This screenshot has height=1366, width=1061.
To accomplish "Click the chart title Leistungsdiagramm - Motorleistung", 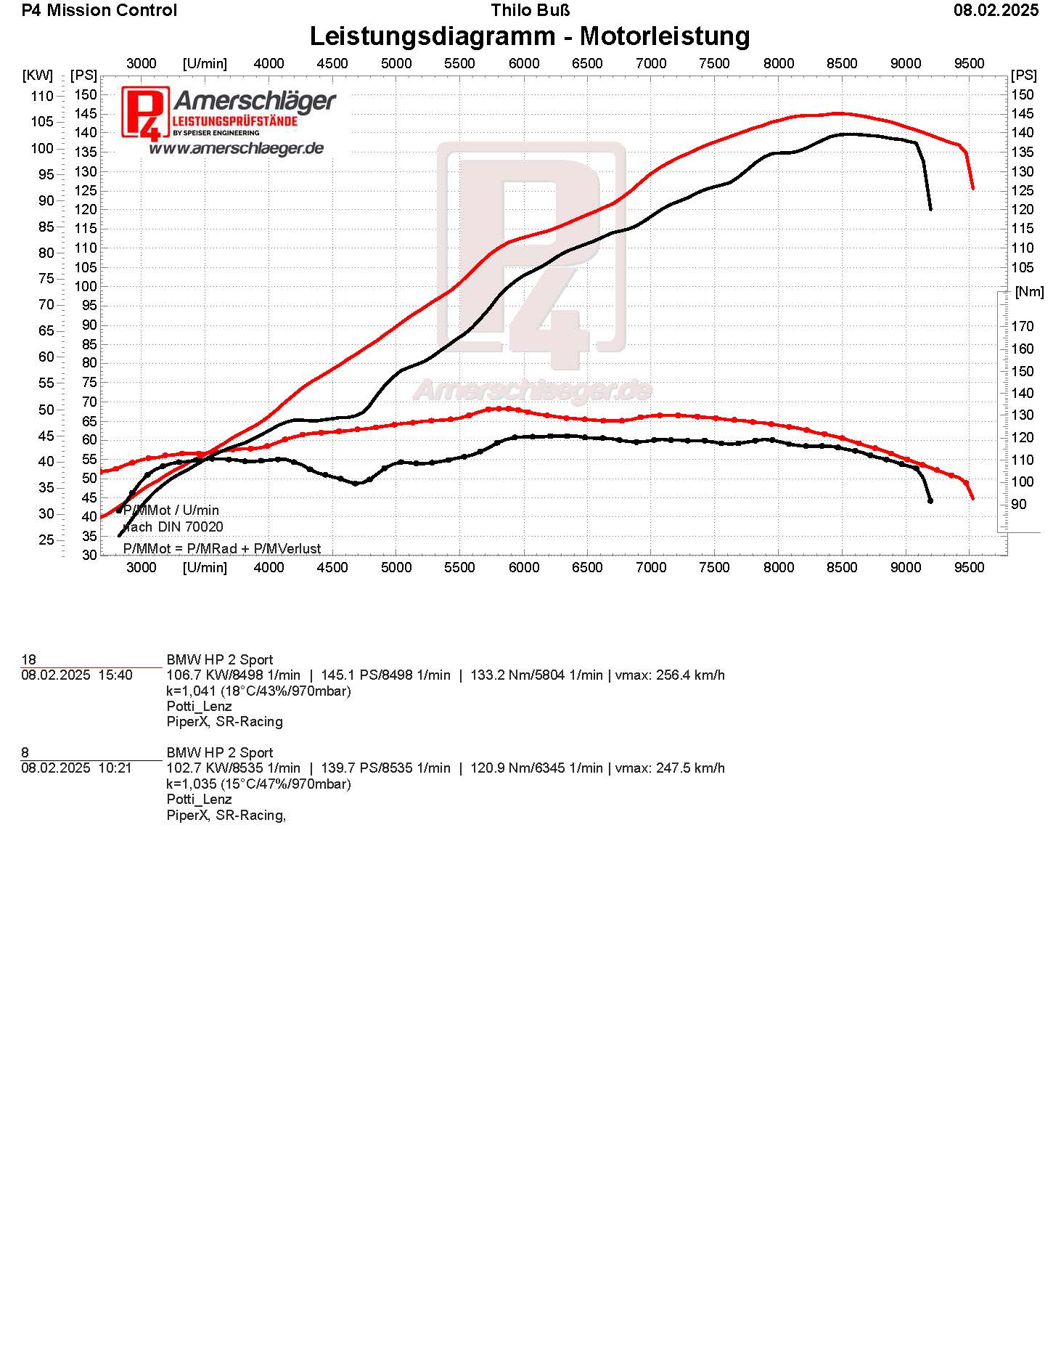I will [x=530, y=36].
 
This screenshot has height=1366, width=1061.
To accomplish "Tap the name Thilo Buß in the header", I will [x=530, y=10].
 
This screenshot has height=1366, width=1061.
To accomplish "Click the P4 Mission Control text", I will [x=99, y=10].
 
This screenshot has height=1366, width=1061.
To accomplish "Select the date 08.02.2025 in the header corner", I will [x=996, y=10].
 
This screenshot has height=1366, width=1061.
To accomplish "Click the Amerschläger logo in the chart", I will [x=229, y=113].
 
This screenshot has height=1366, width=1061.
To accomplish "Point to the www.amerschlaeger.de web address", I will [x=236, y=148].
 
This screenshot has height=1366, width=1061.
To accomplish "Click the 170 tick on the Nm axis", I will [x=1023, y=327].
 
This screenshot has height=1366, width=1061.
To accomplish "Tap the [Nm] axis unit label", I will [x=1029, y=292].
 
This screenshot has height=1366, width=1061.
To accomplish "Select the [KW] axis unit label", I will [x=38, y=75].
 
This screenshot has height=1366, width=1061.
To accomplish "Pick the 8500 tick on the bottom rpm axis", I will [x=842, y=567].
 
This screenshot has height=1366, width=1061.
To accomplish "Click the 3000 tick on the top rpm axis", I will [x=142, y=63].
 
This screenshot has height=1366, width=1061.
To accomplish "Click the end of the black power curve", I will [x=930, y=209].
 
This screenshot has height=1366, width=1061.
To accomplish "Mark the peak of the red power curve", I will [x=838, y=113].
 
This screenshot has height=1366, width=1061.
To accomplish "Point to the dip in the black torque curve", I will [x=356, y=484].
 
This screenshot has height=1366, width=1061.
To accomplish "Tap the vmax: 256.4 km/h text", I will [x=670, y=675].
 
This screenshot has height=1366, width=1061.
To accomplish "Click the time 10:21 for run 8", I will [x=115, y=768].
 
